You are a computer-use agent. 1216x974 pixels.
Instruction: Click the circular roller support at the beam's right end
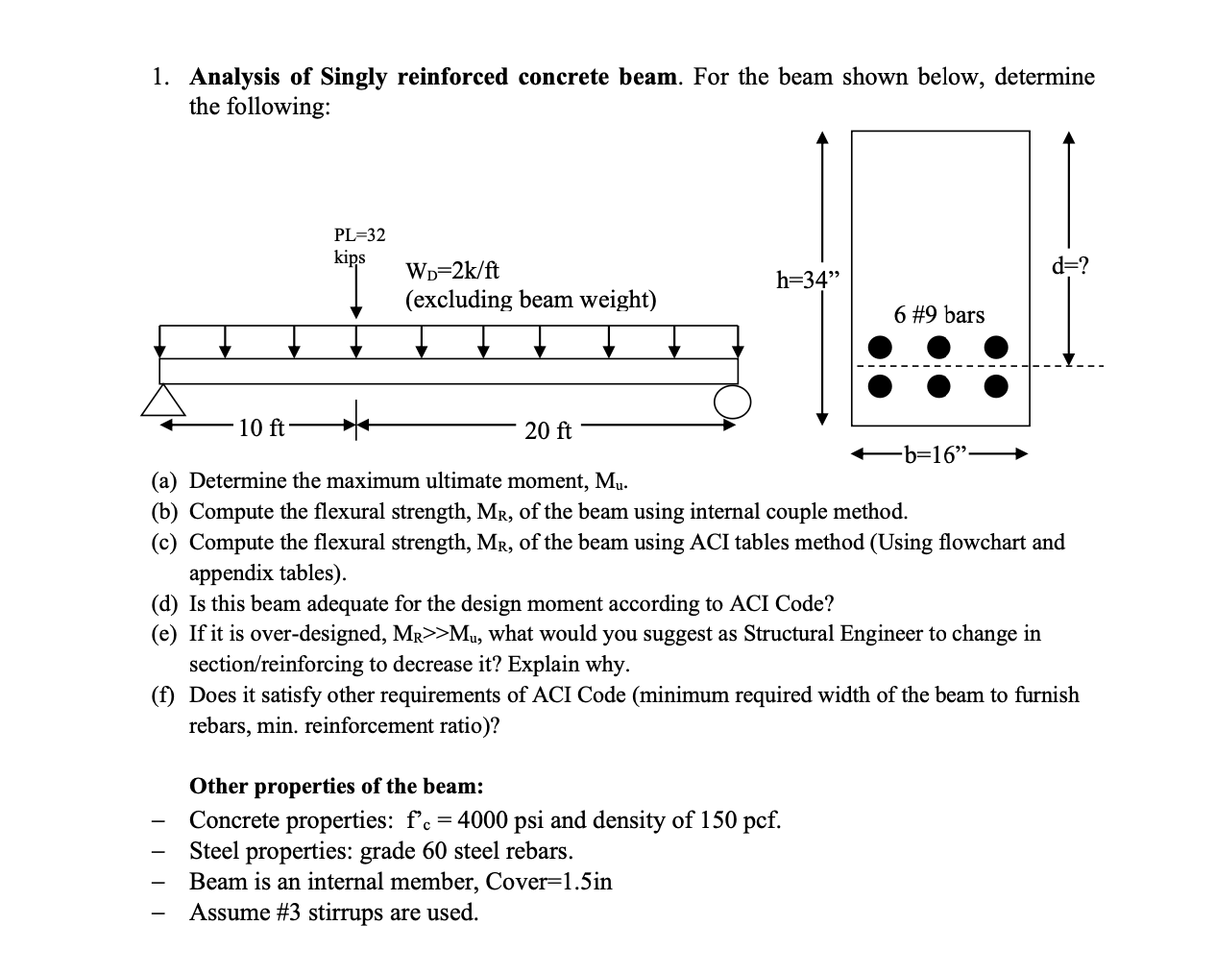[x=732, y=402]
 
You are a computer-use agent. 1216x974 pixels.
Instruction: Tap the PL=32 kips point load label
[x=359, y=245]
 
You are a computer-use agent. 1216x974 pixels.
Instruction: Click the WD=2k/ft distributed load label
[x=452, y=271]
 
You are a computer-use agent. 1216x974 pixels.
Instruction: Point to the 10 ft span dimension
[x=261, y=428]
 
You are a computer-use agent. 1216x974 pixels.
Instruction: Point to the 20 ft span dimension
[x=548, y=430]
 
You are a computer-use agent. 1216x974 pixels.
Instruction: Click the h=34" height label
[x=807, y=280]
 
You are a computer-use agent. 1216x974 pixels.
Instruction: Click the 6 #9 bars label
[x=938, y=315]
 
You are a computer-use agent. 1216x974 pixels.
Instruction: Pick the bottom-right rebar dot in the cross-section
[x=997, y=386]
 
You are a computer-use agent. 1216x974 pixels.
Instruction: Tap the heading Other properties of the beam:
[x=336, y=786]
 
